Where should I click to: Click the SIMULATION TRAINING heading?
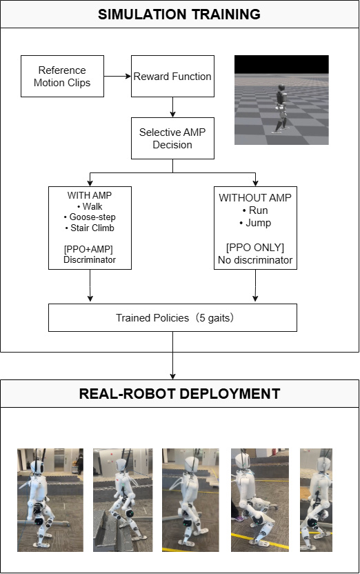(x=179, y=14)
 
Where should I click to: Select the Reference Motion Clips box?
(x=62, y=76)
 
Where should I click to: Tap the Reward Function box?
(x=172, y=76)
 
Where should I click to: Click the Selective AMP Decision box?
(x=172, y=139)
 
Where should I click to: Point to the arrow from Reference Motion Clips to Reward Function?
(x=117, y=76)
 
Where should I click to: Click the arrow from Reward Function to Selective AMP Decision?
(x=172, y=107)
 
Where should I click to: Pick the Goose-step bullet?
(x=90, y=217)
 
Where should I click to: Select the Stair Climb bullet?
(x=90, y=228)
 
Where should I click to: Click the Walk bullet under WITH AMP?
(x=90, y=206)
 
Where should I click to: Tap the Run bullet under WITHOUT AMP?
(x=255, y=210)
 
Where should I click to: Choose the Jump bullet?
(x=255, y=223)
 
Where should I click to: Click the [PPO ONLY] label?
(x=255, y=248)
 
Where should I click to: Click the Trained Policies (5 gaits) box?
(x=172, y=318)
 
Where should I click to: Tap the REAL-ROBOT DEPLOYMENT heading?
(x=179, y=394)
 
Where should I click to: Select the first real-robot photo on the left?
(x=50, y=500)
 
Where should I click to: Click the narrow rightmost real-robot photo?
(x=316, y=500)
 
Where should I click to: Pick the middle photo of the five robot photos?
(x=190, y=500)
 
